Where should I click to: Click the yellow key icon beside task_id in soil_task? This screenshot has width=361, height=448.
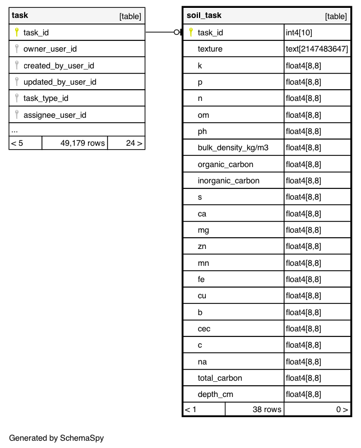coord(191,33)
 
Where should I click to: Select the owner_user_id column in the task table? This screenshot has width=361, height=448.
coord(50,49)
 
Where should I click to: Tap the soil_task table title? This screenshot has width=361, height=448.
coord(204,16)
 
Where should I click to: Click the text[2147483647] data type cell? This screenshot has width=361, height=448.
coord(317,49)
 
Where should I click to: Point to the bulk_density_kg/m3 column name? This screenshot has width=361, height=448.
coord(233,148)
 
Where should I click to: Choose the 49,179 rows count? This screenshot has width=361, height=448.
coord(82,143)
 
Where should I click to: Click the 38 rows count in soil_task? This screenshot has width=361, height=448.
coord(266,409)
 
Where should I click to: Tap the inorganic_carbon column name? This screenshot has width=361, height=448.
coord(229,181)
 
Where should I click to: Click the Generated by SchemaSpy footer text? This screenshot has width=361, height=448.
coord(57,438)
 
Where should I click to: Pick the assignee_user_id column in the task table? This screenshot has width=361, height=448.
coord(55,115)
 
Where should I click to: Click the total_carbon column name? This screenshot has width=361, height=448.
coord(220,378)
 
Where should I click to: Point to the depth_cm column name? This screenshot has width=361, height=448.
coord(215,395)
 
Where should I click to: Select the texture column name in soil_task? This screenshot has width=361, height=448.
coord(210,49)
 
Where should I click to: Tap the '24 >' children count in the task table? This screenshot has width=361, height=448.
coord(134,143)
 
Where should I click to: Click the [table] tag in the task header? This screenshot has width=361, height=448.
coord(130,16)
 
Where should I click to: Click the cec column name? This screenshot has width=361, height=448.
coord(204,329)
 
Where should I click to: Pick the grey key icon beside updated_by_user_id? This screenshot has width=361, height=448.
coord(17,82)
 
